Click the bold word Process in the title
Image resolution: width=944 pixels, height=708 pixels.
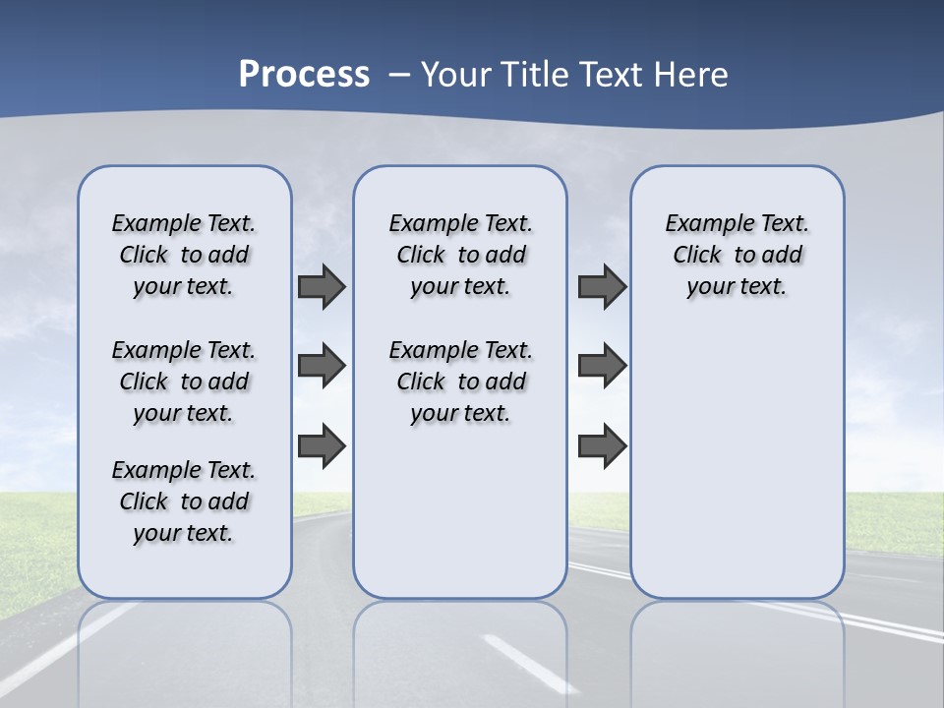(x=304, y=75)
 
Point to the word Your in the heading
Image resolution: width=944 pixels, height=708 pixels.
(x=456, y=75)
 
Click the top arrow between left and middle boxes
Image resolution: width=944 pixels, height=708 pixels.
(x=322, y=286)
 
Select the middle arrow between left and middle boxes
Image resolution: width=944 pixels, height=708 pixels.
(x=322, y=366)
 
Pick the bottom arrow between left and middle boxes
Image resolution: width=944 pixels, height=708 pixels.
(x=322, y=445)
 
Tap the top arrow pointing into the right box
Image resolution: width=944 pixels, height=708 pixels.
(x=602, y=286)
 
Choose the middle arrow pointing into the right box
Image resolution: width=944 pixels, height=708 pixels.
(x=602, y=366)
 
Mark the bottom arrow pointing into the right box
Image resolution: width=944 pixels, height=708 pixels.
(x=602, y=445)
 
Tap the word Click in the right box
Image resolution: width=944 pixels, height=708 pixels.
(x=697, y=256)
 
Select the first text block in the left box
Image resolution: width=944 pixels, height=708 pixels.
(x=183, y=255)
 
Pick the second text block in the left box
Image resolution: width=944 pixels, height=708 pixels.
(x=183, y=382)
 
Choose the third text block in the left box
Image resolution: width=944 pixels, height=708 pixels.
(x=183, y=501)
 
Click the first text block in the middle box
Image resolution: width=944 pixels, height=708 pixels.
(x=460, y=255)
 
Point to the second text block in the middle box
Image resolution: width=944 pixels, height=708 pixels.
(x=460, y=382)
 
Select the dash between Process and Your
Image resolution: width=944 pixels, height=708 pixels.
(x=399, y=76)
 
